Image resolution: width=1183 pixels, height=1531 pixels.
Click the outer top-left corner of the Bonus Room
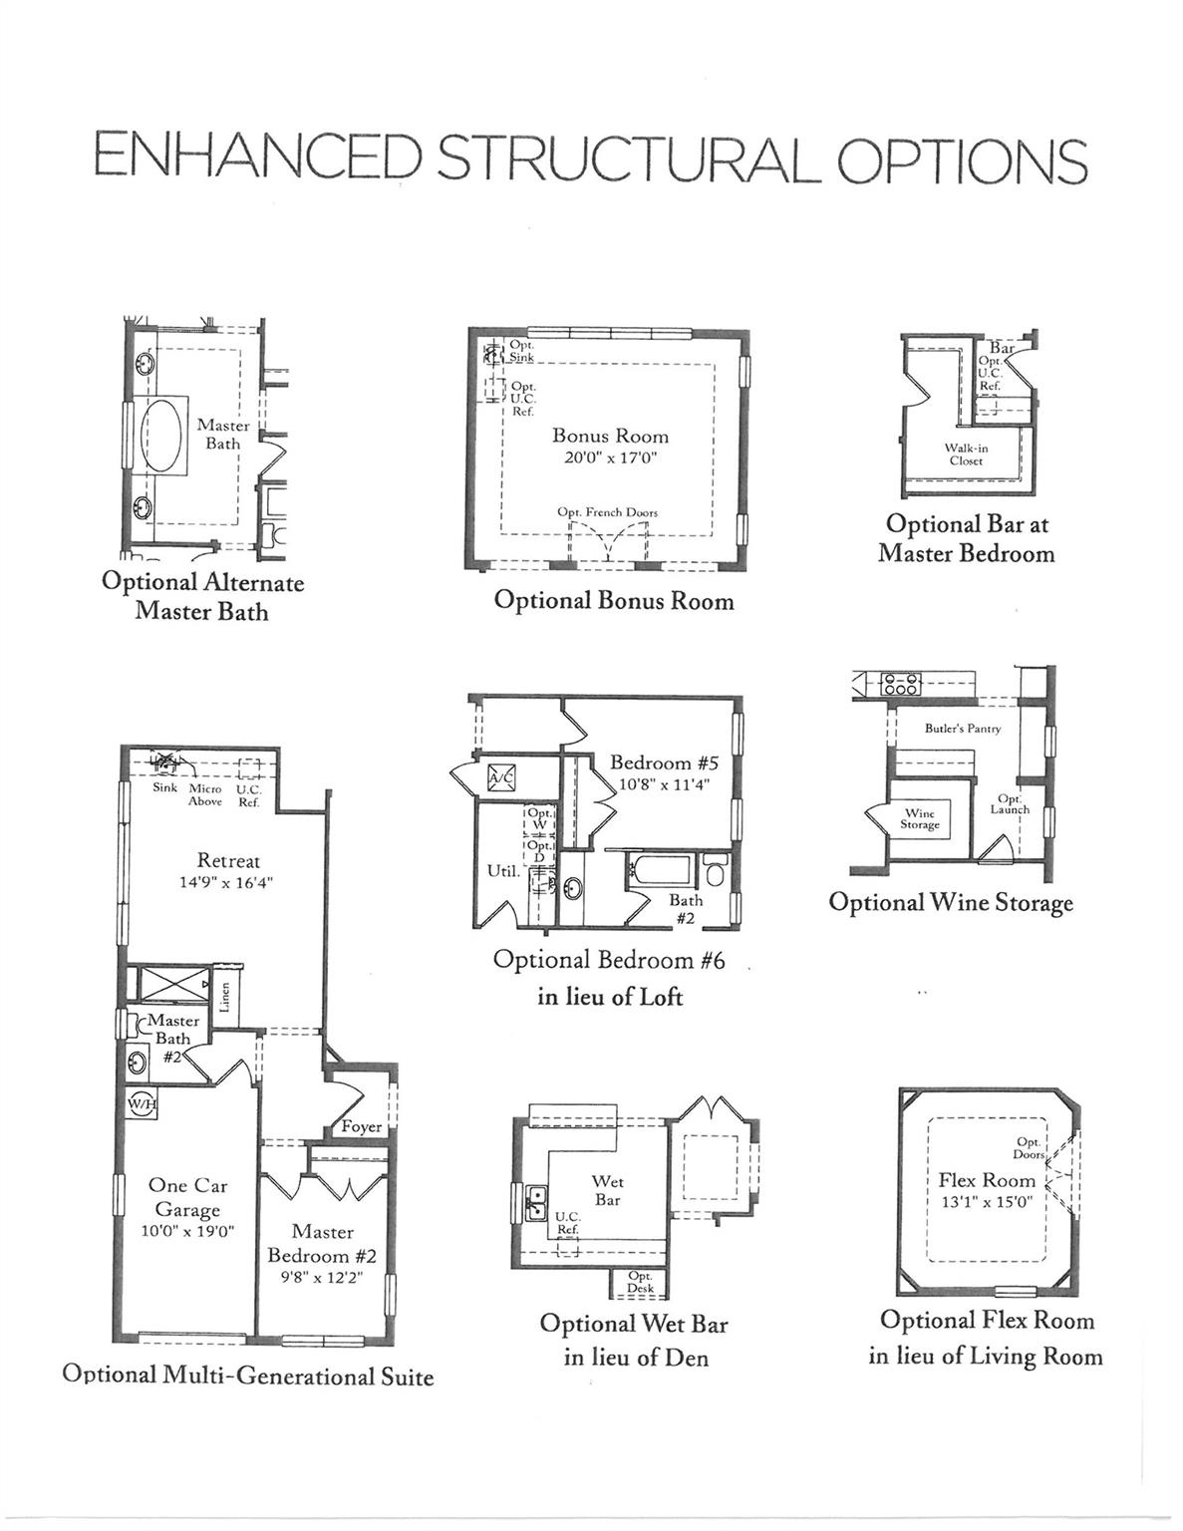(x=469, y=328)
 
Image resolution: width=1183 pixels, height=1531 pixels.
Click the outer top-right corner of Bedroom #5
(x=741, y=698)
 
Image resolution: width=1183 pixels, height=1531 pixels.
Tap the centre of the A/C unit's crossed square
(x=501, y=777)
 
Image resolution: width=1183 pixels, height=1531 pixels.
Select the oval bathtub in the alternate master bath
(x=162, y=434)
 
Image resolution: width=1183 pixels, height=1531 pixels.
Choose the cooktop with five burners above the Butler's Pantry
(x=901, y=684)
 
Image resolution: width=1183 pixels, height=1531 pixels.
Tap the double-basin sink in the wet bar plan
(x=536, y=1201)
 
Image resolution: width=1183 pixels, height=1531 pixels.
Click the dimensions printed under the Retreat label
(x=225, y=882)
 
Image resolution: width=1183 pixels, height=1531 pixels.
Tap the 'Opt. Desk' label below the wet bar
(x=641, y=1282)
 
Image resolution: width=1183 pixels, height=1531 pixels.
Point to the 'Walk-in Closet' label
(x=966, y=455)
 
